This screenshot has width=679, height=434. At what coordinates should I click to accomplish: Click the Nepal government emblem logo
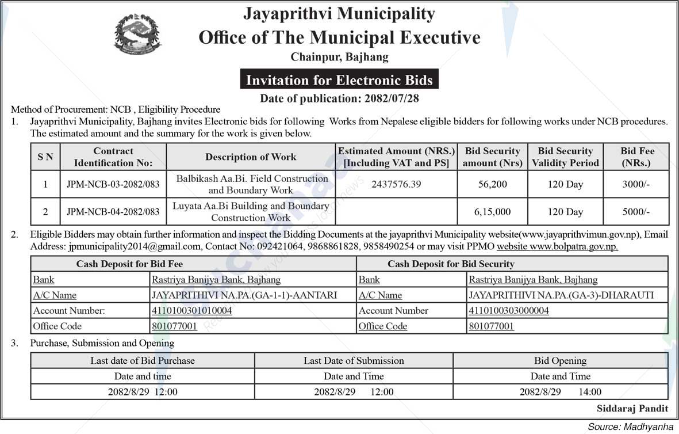click(x=137, y=35)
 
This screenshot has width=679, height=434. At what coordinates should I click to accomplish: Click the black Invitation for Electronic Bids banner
click(x=339, y=79)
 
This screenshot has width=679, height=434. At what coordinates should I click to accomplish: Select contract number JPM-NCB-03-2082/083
click(x=113, y=184)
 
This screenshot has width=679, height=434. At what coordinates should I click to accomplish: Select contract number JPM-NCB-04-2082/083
click(x=113, y=212)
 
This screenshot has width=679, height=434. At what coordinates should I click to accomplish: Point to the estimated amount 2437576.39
click(x=396, y=184)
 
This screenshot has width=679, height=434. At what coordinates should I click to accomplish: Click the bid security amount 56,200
click(x=492, y=184)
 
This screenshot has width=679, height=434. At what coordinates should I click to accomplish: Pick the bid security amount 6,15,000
click(x=492, y=212)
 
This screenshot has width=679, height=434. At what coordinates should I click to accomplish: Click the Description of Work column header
click(x=251, y=157)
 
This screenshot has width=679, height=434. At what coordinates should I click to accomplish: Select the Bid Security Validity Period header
click(x=565, y=157)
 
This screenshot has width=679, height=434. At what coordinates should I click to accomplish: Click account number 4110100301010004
click(x=191, y=311)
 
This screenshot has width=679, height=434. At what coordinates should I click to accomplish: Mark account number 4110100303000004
click(x=509, y=311)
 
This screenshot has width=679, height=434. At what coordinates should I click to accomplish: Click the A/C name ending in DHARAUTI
click(x=561, y=295)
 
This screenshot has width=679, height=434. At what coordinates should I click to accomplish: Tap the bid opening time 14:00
click(x=589, y=392)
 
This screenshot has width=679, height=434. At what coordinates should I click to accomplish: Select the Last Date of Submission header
click(x=354, y=361)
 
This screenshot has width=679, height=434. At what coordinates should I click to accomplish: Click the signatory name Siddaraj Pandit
click(x=632, y=408)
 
